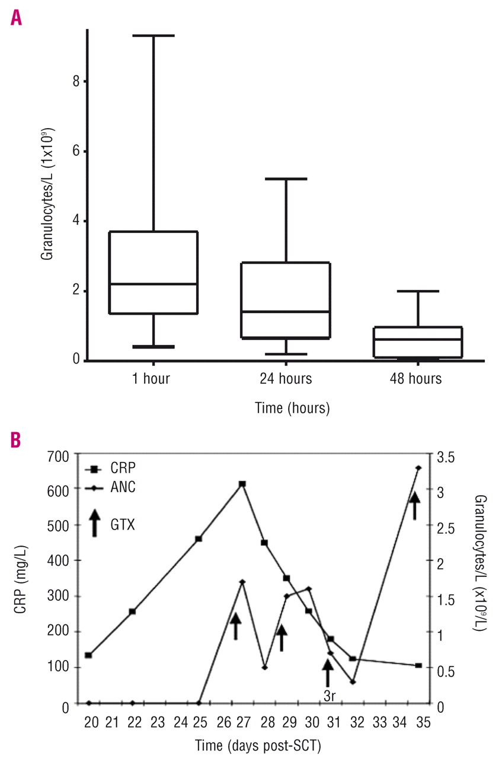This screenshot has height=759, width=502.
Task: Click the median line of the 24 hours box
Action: [286, 311]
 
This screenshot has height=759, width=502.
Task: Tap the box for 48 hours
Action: [418, 342]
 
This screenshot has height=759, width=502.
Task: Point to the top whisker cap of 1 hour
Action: [154, 36]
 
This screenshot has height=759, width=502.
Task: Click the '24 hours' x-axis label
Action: [286, 378]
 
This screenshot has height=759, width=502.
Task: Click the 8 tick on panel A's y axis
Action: [76, 81]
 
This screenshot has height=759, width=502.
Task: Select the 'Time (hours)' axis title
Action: [292, 409]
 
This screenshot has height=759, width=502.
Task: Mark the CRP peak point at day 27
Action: [242, 484]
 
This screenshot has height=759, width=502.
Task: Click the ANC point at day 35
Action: [418, 468]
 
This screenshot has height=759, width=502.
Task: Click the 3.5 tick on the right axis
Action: [447, 456]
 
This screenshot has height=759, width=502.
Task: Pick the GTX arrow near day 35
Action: [415, 505]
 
